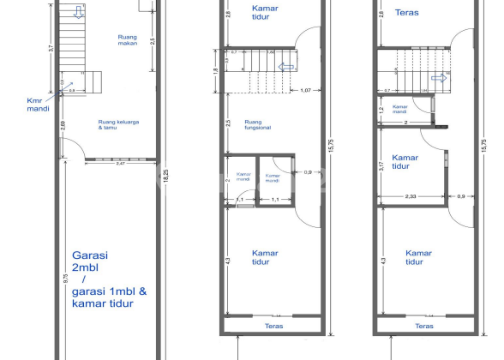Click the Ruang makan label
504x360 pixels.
pyautogui.click(x=128, y=40)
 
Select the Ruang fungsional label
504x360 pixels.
pyautogui.click(x=258, y=125)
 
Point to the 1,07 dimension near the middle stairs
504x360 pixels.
pyautogui.click(x=305, y=90)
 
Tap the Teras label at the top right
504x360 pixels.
pyautogui.click(x=407, y=13)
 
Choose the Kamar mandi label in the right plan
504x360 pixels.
pyautogui.click(x=399, y=110)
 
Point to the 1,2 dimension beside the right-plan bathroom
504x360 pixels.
pyautogui.click(x=381, y=111)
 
